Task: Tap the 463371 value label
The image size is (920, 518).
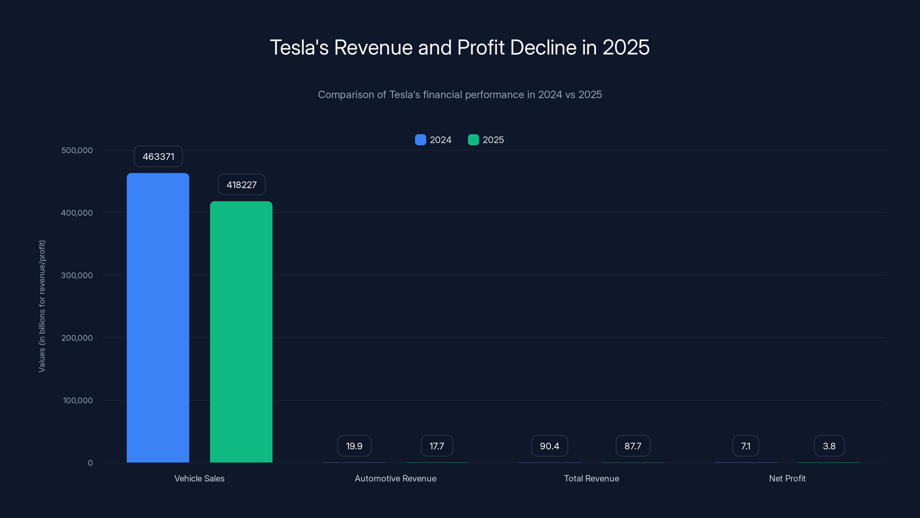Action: pos(158,157)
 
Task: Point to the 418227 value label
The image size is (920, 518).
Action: pos(241,185)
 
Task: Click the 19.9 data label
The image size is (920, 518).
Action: pos(354,446)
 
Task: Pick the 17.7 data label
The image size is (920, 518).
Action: pos(436,446)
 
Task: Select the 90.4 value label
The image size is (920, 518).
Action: pos(549,446)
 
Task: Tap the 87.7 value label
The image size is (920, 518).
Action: pos(632,446)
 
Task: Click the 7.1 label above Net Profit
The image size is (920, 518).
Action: pos(745,446)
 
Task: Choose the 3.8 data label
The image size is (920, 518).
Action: pos(829,446)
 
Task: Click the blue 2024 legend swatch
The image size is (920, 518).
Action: pos(420,140)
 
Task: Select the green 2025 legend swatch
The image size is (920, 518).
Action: pos(473,140)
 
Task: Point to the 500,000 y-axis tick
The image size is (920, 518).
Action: pos(77,151)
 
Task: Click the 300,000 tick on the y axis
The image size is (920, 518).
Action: pos(77,276)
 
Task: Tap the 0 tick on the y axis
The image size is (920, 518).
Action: pos(90,463)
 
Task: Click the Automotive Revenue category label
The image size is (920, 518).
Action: pos(395,479)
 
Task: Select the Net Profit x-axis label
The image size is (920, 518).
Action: pos(787,479)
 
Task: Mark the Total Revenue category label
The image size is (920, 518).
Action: pos(591,479)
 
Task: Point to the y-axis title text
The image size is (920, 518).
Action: pos(42,306)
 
